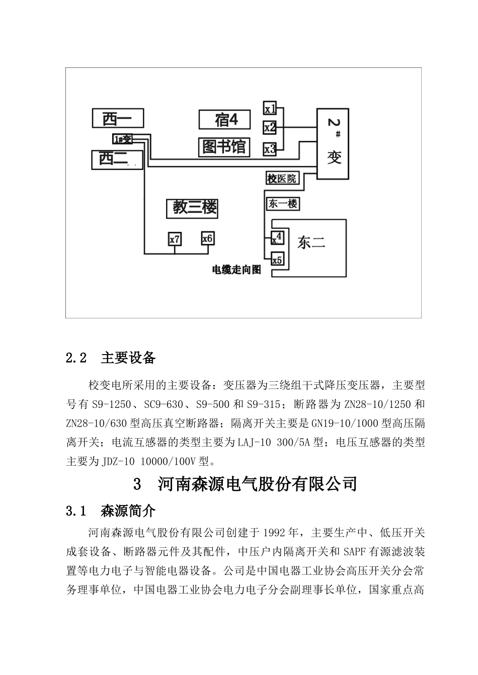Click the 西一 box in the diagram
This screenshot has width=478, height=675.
[118, 118]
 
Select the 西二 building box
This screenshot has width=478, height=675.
[117, 159]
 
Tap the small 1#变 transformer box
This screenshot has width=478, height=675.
[122, 139]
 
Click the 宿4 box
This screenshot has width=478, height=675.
[225, 120]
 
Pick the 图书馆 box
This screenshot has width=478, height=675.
[224, 147]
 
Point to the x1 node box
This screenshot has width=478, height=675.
[270, 108]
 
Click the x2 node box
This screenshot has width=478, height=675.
[270, 128]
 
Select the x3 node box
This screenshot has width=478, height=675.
[270, 149]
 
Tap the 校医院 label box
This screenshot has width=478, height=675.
[282, 178]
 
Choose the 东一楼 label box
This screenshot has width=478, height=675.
[282, 204]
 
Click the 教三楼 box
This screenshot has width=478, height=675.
[192, 208]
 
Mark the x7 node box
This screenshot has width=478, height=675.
[175, 239]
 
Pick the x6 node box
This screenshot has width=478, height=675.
[207, 238]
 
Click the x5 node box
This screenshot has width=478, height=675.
[277, 260]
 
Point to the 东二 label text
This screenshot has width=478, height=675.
[311, 243]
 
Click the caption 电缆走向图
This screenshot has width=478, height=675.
[236, 270]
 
